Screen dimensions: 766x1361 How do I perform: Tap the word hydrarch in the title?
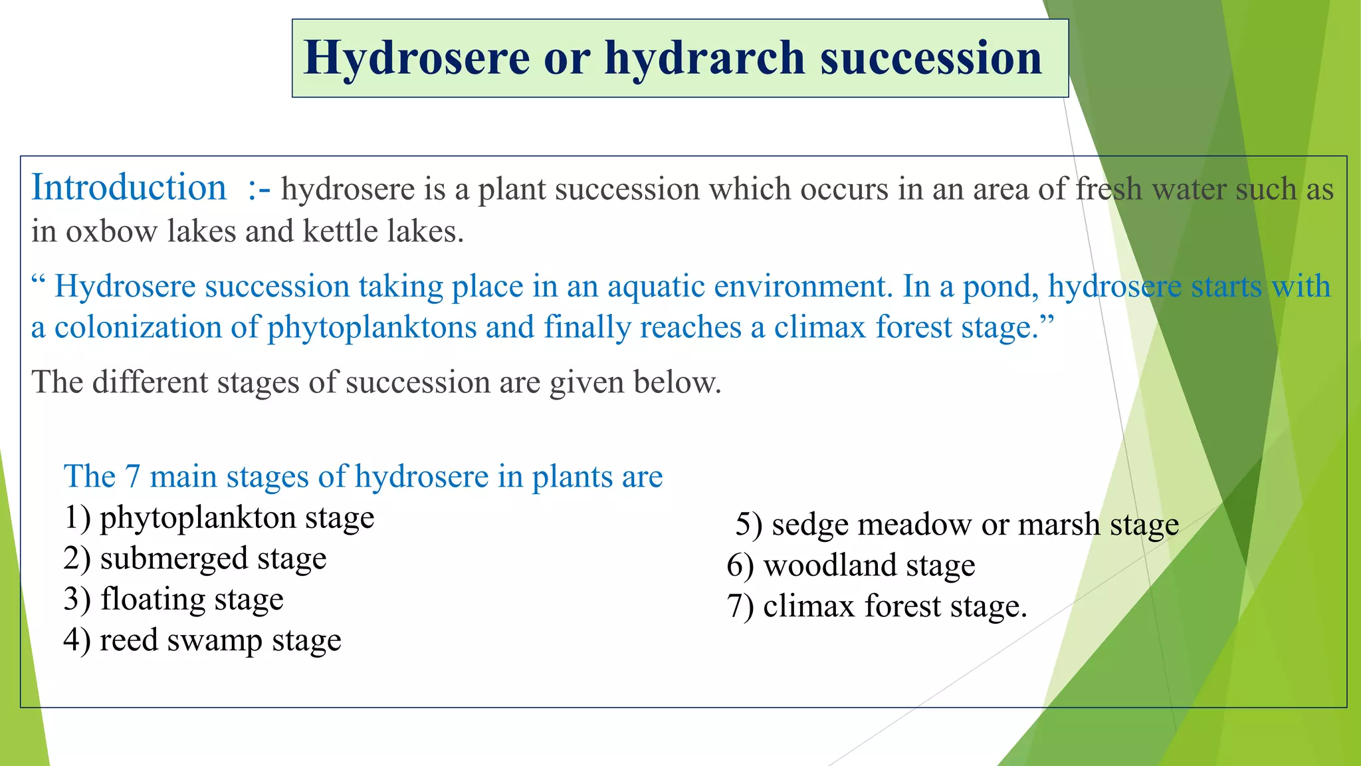point(705,59)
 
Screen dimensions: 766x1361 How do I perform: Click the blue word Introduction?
point(129,188)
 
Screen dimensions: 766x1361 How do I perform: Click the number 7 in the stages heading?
point(132,477)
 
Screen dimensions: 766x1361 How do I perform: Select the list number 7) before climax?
point(740,606)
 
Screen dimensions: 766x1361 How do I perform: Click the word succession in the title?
point(930,59)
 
